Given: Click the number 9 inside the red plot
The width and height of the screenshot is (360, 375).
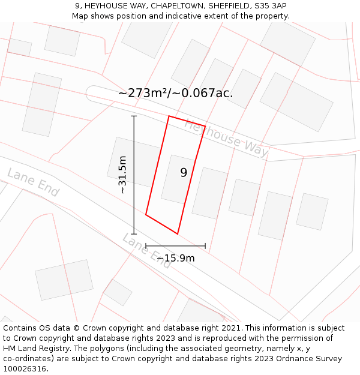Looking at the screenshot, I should pyautogui.click(x=184, y=173).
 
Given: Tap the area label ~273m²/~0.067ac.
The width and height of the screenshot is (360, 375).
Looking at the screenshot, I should pyautogui.click(x=175, y=93).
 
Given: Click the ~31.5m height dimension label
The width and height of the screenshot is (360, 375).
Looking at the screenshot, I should pyautogui.click(x=122, y=175).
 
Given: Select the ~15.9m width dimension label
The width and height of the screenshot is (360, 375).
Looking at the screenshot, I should pyautogui.click(x=175, y=258).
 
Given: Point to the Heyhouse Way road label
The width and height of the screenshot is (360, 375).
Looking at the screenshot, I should pyautogui.click(x=226, y=139).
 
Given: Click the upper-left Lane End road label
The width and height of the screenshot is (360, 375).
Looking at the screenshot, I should pyautogui.click(x=33, y=182).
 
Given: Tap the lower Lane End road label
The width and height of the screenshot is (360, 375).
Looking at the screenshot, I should pyautogui.click(x=147, y=250).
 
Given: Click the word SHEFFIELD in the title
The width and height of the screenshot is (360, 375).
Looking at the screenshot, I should pyautogui.click(x=229, y=5).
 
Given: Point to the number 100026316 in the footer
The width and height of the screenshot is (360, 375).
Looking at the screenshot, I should pyautogui.click(x=25, y=368).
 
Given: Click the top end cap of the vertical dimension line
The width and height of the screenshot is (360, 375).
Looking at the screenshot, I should pyautogui.click(x=134, y=116).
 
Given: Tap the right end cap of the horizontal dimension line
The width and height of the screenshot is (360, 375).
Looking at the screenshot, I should pyautogui.click(x=205, y=246).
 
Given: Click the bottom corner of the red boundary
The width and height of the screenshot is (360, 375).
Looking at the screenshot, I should pyautogui.click(x=178, y=233).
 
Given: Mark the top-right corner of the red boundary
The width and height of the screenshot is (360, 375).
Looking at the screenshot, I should pyautogui.click(x=205, y=127).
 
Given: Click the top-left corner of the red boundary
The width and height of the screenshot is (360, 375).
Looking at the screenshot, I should pyautogui.click(x=169, y=116).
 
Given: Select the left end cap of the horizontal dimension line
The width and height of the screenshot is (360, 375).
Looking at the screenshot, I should pyautogui.click(x=146, y=246).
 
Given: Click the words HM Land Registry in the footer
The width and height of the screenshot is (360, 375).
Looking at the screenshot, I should pyautogui.click(x=33, y=349).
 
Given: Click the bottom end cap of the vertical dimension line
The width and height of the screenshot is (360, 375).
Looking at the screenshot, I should pyautogui.click(x=134, y=234).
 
